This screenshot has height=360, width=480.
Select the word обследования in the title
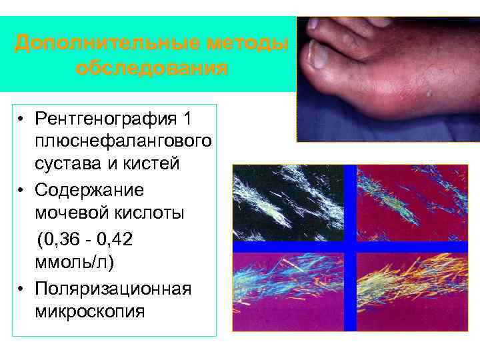(x=152, y=68)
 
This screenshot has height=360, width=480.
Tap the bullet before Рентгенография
(x=22, y=120)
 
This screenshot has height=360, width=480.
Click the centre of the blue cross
(x=350, y=247)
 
